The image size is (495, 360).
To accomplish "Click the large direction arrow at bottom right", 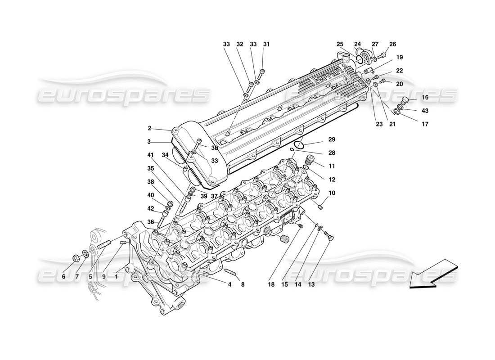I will (x=429, y=274).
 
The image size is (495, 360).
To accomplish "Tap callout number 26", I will (x=392, y=44).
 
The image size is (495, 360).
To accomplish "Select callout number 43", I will (x=425, y=111).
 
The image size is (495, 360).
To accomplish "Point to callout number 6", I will (x=63, y=277).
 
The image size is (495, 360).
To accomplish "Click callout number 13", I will (x=311, y=284).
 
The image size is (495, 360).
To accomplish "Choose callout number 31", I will (x=266, y=44).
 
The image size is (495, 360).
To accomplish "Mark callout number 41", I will (x=149, y=155).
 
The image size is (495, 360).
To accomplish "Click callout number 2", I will (x=149, y=128).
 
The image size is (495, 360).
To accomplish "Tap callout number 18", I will (x=271, y=284).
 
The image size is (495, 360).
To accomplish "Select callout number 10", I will (x=332, y=193).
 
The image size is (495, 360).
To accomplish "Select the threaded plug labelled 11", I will (x=309, y=160).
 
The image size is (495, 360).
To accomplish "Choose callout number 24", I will (x=357, y=44).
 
